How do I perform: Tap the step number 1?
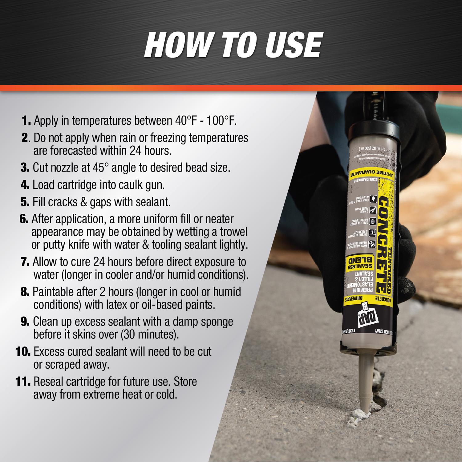coord(26,121)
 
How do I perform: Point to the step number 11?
coord(23,382)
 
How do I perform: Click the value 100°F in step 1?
coord(221,121)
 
